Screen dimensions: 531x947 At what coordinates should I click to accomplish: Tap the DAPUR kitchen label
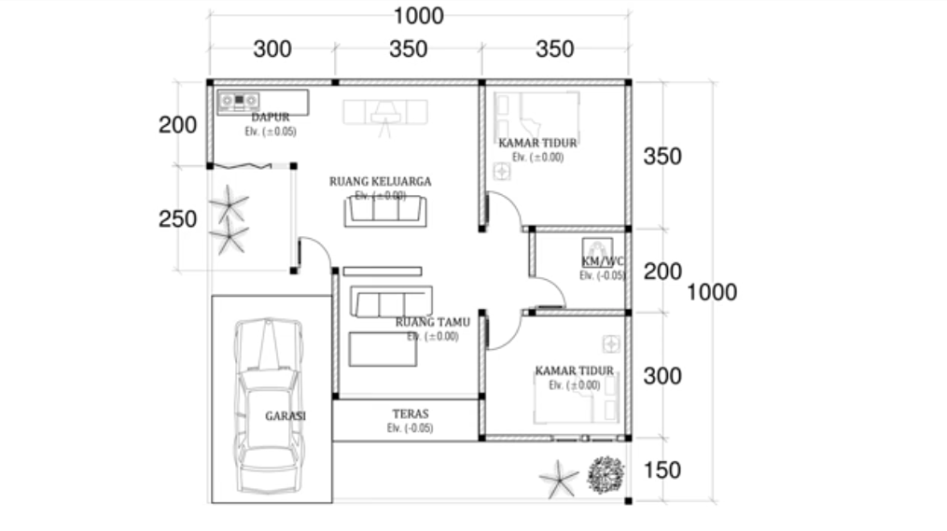point(270,118)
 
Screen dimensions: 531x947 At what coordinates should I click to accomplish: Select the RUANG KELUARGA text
point(380,181)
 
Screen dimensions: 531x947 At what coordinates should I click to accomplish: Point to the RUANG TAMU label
point(432,322)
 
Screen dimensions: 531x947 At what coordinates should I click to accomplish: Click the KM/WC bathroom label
point(603,261)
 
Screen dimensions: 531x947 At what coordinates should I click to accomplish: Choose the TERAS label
point(410,412)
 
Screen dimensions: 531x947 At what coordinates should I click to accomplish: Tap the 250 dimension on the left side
point(177,219)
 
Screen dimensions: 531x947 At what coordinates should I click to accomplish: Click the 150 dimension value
point(662,469)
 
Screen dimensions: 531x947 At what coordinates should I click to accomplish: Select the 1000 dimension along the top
point(418,16)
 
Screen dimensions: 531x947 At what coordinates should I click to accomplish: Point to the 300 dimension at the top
point(272,49)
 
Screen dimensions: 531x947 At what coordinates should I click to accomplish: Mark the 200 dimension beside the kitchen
point(177,125)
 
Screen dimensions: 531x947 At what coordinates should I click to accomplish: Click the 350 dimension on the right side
point(662,156)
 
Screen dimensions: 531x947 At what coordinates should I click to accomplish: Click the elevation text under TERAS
point(410,428)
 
